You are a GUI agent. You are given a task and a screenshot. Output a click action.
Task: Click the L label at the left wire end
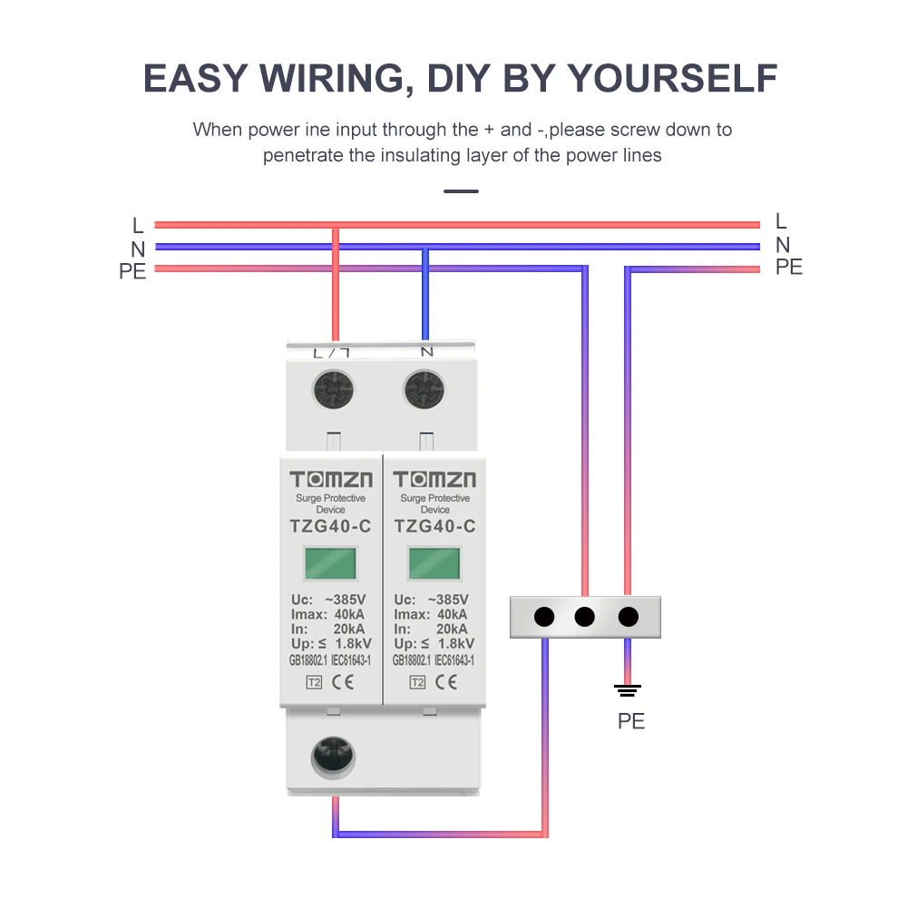pyautogui.click(x=138, y=225)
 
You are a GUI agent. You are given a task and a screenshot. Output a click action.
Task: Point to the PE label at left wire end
pyautogui.click(x=132, y=270)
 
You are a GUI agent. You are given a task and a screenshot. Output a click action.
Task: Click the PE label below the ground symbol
pyautogui.click(x=631, y=722)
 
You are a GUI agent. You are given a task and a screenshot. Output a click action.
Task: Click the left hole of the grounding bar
pyautogui.click(x=544, y=618)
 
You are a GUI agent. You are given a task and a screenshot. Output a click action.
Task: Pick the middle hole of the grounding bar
pyautogui.click(x=585, y=618)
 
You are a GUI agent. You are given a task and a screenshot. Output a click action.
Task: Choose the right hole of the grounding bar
pyautogui.click(x=628, y=618)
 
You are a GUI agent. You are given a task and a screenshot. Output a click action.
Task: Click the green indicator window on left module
pyautogui.click(x=330, y=563)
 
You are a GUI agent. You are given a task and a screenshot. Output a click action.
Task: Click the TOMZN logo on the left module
pyautogui.click(x=331, y=480)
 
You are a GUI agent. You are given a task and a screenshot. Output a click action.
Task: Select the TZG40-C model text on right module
pyautogui.click(x=434, y=527)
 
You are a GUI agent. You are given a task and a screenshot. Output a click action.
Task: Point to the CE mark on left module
pyautogui.click(x=344, y=683)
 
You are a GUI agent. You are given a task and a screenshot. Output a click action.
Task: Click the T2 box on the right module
pyautogui.click(x=417, y=683)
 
